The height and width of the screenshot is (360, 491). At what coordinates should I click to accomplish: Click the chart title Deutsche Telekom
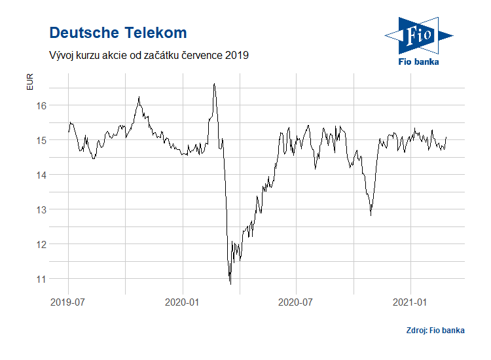coord(118,33)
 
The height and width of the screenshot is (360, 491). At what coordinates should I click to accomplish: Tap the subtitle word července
coord(198,56)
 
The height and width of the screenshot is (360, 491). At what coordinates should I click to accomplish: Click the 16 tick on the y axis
coord(41,105)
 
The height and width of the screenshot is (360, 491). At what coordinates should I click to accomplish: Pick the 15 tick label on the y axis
coord(41,140)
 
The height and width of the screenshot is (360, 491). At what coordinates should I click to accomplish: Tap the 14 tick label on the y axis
coord(41,175)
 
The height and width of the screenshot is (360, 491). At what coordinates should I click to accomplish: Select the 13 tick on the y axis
coord(41,209)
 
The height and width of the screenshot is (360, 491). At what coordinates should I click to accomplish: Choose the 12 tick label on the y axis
coord(41,244)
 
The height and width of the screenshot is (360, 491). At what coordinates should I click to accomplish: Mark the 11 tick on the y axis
coord(41,279)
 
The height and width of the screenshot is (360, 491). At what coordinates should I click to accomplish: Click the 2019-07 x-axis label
coord(69,302)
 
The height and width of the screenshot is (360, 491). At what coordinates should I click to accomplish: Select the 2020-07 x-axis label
coord(297,302)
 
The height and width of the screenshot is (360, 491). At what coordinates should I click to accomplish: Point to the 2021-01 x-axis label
coord(410,302)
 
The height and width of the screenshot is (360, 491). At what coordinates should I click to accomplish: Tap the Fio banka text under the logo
coord(418,62)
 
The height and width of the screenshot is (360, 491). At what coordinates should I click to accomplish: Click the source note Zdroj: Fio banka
coord(435,331)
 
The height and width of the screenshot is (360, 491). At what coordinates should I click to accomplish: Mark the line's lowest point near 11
coord(230,283)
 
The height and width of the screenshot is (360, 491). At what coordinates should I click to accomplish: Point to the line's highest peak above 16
coord(214,84)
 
